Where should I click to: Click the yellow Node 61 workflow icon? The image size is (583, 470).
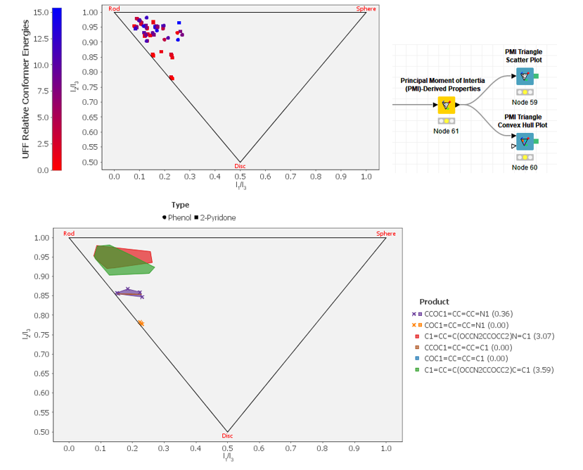pos(446,105)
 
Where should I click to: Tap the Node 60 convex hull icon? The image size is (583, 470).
pos(525,141)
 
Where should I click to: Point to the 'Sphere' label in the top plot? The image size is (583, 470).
pos(366,8)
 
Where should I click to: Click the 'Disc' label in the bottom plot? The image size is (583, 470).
pos(227,436)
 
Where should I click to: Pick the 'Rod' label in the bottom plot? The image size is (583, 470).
pos(69,234)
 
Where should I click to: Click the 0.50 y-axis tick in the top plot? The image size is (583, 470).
pos(91,162)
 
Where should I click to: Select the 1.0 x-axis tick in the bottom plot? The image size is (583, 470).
pos(386,447)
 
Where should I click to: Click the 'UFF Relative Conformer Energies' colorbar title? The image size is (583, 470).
pos(26,89)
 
